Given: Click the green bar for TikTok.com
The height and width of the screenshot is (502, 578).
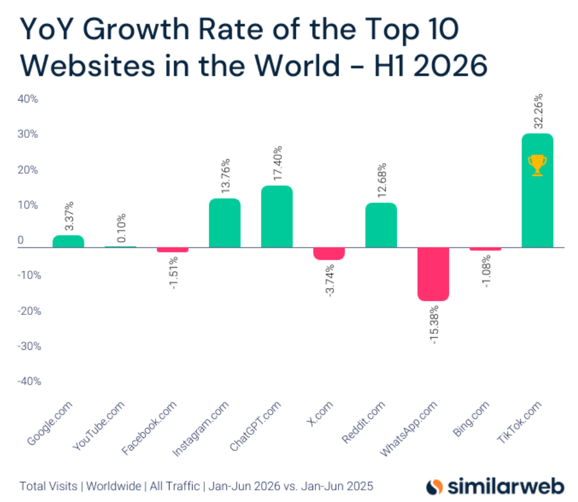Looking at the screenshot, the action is pos(537,190).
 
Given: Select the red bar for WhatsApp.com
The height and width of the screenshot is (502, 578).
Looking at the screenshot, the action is pos(433,274).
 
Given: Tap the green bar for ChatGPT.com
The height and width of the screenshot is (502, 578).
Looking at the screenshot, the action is pos(277,217).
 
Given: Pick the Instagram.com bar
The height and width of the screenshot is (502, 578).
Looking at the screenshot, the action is pos(225,223).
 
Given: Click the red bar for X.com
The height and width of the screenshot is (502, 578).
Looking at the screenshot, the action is pos(329,254).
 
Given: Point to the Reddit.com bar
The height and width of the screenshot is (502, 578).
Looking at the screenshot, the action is pos(381,225).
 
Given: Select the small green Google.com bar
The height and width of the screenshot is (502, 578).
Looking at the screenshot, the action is pos(69,241).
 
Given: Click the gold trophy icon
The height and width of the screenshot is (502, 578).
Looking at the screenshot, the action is pos(537,165).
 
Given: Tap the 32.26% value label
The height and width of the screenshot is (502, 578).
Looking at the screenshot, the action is pos(538,111).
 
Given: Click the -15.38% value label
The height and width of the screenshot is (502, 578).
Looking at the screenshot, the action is pos(435,325).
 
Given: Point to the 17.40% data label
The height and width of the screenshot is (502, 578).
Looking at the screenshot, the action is pos(278,163).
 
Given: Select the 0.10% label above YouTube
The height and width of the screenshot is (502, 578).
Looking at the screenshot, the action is pos(122,228).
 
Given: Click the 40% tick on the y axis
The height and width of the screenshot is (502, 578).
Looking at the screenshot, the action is pos(28,99).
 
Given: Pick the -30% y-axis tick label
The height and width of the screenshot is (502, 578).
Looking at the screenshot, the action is pos(29,346).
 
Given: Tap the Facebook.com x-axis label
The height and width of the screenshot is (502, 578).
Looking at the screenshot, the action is pos(149,428).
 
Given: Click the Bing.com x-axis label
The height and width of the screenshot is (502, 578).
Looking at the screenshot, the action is pos(471,419).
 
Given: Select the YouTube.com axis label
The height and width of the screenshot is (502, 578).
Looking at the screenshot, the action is pos(99,426).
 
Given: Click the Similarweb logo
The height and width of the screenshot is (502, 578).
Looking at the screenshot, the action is pos(495,486).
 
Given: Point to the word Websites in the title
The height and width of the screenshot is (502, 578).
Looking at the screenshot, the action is pos(88,65).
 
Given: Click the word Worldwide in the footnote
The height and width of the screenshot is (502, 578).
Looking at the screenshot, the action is pos(113,486).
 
